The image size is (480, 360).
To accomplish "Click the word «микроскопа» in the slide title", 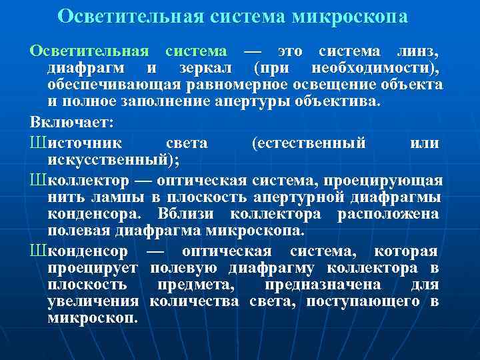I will click(350, 16).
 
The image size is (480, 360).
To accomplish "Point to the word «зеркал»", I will click(206, 69).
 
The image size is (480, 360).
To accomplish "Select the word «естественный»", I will click(319, 143).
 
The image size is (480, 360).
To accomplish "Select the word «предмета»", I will click(194, 285).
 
